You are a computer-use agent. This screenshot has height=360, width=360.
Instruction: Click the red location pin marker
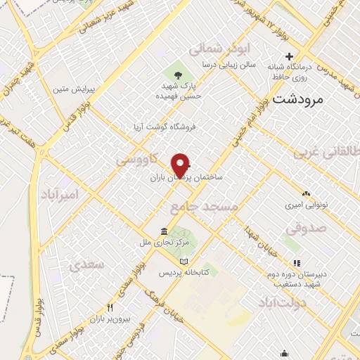181,165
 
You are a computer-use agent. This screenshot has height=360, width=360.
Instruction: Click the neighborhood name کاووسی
136,162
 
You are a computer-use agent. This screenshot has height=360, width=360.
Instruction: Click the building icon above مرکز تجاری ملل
164,231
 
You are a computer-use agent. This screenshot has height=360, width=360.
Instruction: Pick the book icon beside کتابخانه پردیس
184,261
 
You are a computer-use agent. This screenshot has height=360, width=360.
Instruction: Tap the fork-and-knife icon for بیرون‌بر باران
110,307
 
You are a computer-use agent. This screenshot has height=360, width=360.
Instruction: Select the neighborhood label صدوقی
307,228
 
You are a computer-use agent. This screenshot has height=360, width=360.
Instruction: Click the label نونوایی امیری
304,206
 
